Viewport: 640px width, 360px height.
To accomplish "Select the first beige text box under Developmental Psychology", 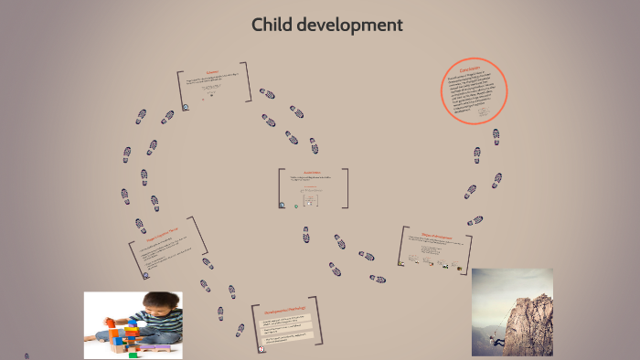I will point(286,321).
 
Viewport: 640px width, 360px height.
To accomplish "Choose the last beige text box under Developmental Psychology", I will point(286,344).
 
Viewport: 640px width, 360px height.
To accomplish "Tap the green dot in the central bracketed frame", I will point(296,206).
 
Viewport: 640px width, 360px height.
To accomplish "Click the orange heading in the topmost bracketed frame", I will point(213,75).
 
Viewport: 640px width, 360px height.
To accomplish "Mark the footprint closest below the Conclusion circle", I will point(496,135).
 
